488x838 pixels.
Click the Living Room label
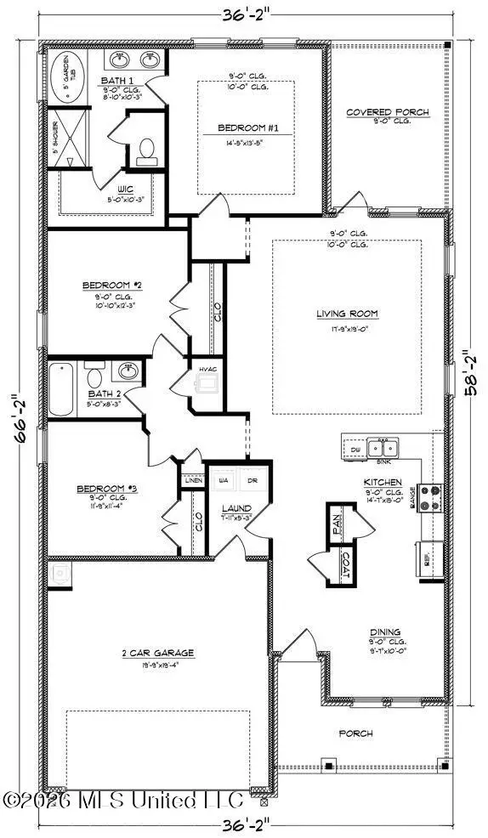click(x=348, y=314)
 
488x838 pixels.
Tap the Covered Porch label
click(x=388, y=112)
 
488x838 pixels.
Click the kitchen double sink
click(x=384, y=448)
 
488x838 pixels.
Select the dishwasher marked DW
click(x=355, y=447)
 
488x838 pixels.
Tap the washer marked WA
click(x=225, y=480)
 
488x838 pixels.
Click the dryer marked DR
click(x=253, y=480)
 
